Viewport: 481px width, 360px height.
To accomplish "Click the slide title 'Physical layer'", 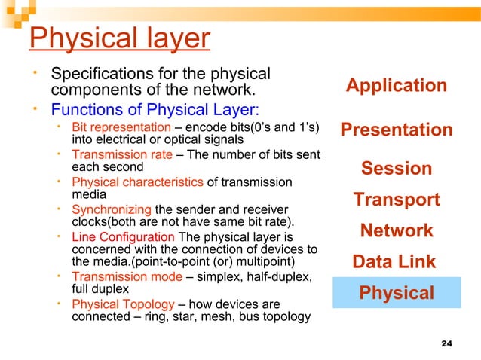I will (118, 38).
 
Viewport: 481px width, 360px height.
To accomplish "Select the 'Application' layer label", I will (396, 86).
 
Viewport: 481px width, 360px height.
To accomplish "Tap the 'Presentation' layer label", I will (397, 130).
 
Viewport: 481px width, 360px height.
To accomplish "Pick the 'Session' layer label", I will (397, 168).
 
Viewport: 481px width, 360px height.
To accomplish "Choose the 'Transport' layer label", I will (397, 200).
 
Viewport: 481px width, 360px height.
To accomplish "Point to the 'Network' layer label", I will (397, 230).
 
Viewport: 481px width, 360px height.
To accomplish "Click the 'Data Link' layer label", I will (394, 261).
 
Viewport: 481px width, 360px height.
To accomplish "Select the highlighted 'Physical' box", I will (397, 292).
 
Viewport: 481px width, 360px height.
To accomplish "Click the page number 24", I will (446, 344).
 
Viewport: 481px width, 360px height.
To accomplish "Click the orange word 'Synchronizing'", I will (111, 209).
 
